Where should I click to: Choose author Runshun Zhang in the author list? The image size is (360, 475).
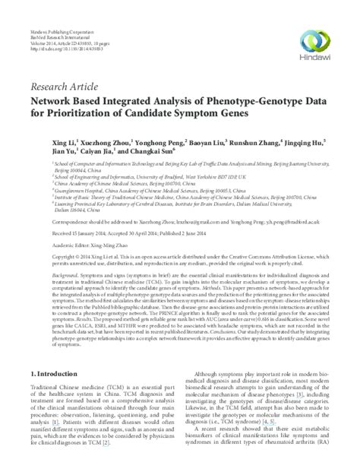(254, 143)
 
